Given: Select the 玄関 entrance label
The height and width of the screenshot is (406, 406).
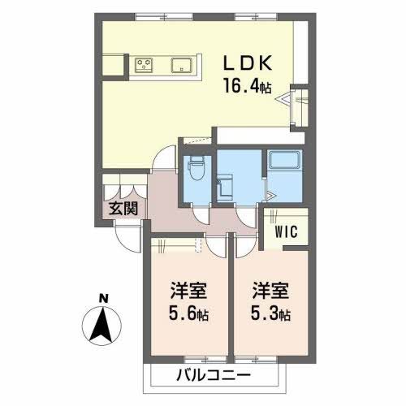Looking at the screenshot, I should (x=123, y=208).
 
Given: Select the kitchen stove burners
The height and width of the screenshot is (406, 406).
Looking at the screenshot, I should (x=145, y=65).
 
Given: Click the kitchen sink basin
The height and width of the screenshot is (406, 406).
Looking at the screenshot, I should (x=179, y=65).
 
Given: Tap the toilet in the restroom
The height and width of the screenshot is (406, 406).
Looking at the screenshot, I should (x=195, y=171).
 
